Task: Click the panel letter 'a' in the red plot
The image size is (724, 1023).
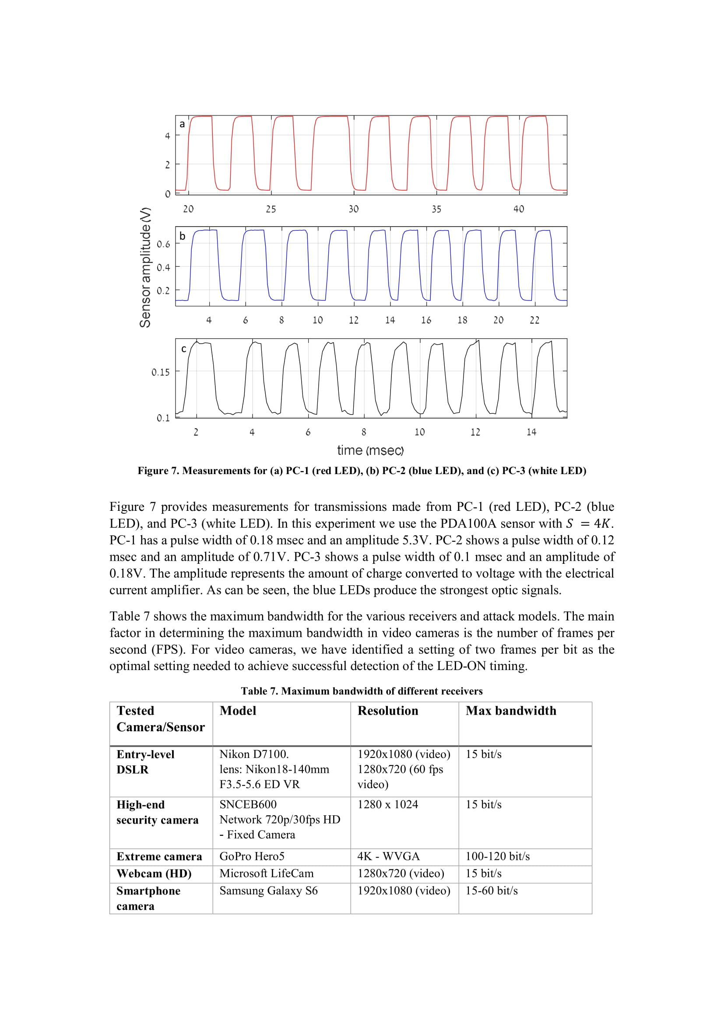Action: click(182, 124)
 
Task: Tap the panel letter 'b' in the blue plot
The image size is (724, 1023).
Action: click(182, 236)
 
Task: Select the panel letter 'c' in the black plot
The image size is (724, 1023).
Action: click(183, 349)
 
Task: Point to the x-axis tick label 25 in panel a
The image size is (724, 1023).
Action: click(271, 209)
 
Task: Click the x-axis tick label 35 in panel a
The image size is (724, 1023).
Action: click(436, 209)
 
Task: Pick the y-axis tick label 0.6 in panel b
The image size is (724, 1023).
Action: click(163, 244)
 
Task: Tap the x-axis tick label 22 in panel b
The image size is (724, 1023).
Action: click(534, 320)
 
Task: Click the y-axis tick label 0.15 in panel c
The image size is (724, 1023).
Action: click(161, 372)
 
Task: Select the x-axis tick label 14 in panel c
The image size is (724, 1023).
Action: click(531, 432)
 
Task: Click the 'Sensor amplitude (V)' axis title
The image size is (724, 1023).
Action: click(145, 267)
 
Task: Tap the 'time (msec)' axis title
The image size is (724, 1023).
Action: click(370, 450)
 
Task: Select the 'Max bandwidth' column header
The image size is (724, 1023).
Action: click(511, 711)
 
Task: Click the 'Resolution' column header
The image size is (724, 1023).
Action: click(388, 711)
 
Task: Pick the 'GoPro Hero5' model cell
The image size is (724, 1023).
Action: click(252, 856)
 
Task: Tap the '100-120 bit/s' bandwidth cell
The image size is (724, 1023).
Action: click(498, 856)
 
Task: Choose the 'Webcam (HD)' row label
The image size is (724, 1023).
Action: click(154, 873)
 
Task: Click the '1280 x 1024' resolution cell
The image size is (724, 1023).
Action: click(388, 804)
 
